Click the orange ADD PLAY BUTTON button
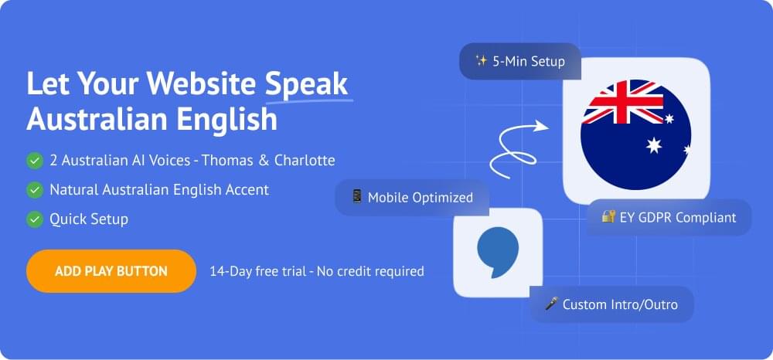pyautogui.click(x=111, y=271)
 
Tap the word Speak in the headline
pyautogui.click(x=307, y=83)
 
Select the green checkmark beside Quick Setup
pyautogui.click(x=34, y=219)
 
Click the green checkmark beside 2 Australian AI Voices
pyautogui.click(x=34, y=161)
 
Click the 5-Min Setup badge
pyautogui.click(x=519, y=61)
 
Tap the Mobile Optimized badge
pyautogui.click(x=411, y=197)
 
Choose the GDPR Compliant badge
pyautogui.click(x=669, y=217)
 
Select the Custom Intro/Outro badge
pyautogui.click(x=611, y=304)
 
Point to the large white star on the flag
pyautogui.click(x=654, y=145)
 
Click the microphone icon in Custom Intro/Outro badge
pyautogui.click(x=551, y=304)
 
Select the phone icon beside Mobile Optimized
pyautogui.click(x=356, y=197)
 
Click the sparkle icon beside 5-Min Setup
pyautogui.click(x=481, y=61)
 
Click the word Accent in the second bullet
pyautogui.click(x=248, y=189)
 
